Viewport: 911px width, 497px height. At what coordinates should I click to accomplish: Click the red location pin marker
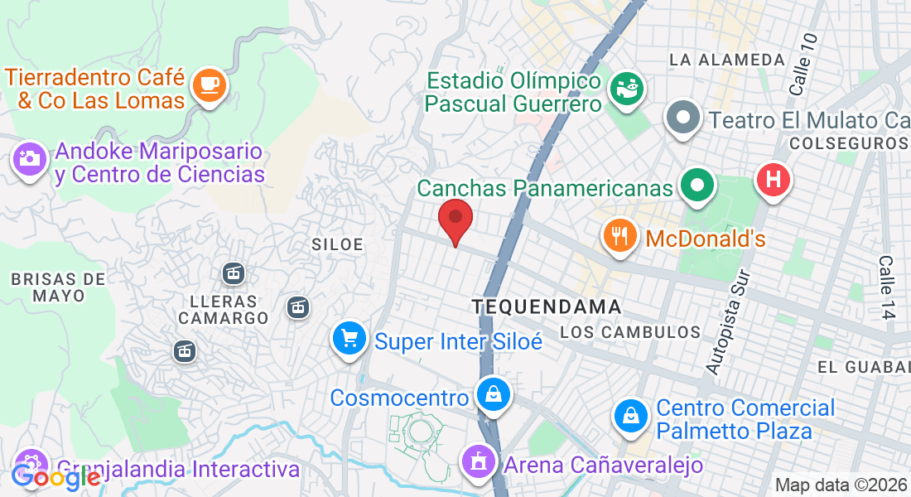(455, 220)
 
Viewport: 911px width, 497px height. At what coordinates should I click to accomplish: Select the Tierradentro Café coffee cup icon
(208, 86)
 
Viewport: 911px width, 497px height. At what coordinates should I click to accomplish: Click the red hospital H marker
(774, 180)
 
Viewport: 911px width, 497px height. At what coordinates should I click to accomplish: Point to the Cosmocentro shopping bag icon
(494, 395)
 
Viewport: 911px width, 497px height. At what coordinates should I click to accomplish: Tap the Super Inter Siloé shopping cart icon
(349, 339)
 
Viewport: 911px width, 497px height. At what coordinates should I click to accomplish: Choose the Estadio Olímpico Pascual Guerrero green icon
(627, 89)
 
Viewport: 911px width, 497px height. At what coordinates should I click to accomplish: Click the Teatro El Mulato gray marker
(683, 118)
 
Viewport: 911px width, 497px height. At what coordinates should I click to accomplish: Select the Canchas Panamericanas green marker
(697, 186)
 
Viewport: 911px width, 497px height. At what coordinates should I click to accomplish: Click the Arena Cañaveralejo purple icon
(478, 462)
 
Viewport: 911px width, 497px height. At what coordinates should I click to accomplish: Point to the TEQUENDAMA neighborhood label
(547, 306)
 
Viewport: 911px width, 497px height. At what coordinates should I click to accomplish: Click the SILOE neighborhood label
(338, 244)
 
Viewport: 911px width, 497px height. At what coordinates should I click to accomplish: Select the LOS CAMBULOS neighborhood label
(630, 332)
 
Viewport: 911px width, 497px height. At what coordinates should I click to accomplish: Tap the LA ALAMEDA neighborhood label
(727, 60)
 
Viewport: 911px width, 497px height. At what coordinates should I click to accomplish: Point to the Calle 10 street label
(803, 64)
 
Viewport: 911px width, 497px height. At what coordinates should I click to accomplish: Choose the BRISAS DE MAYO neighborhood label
(59, 287)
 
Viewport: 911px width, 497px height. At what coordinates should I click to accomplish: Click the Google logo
(55, 476)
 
